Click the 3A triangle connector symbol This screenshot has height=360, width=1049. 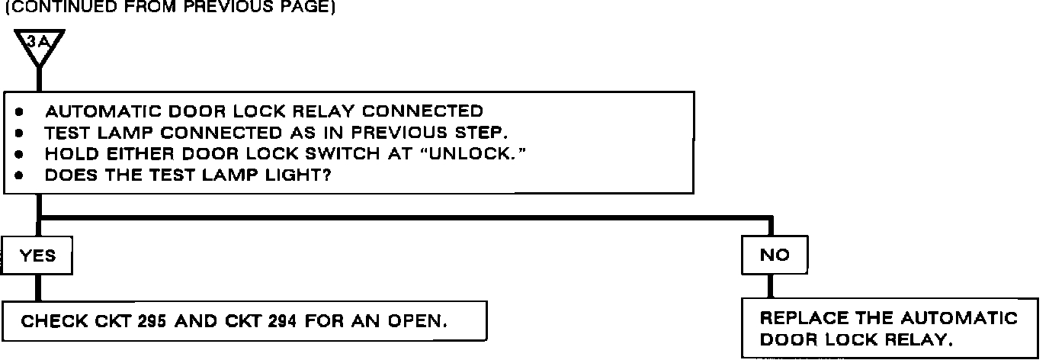click(x=38, y=44)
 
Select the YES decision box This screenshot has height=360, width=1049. click(x=37, y=256)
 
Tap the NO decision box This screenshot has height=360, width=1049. click(x=775, y=256)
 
